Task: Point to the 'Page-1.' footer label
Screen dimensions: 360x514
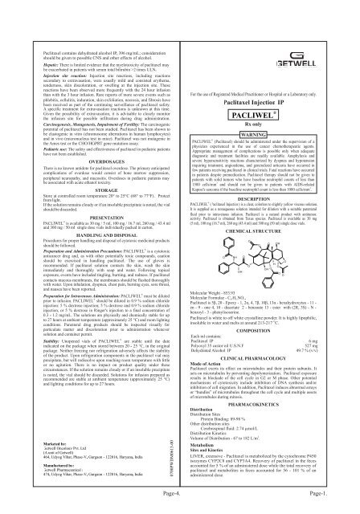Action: pyautogui.click(x=342, y=501)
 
